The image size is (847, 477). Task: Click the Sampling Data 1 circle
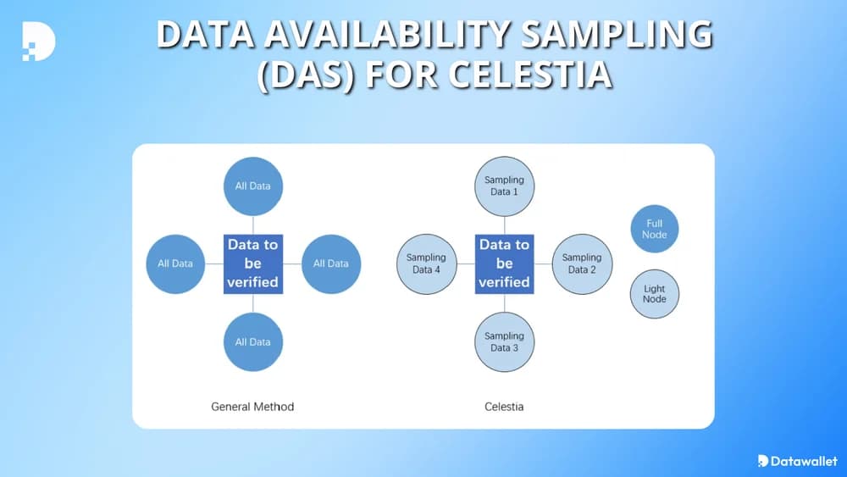[504, 186]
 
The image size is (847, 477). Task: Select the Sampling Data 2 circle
[582, 263]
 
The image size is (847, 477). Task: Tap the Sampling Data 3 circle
[504, 341]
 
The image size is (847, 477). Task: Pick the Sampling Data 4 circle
[426, 263]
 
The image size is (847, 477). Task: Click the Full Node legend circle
[655, 229]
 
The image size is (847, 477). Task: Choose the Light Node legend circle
[655, 294]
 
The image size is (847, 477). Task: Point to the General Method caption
[252, 407]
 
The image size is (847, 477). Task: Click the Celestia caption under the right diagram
[504, 407]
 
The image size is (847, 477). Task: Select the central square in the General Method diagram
[252, 263]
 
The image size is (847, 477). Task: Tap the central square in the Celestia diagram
[504, 263]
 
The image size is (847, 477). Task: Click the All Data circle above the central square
[252, 186]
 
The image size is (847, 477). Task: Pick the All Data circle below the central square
[252, 341]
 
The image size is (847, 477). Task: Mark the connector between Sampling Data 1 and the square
[504, 225]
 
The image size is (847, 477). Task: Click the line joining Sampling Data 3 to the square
[504, 302]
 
